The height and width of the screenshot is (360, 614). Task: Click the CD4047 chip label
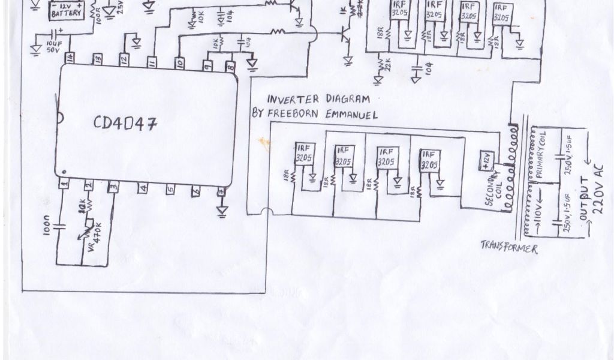coord(125,124)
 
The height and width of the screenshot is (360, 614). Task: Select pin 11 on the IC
coord(152,62)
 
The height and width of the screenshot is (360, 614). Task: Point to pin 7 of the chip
coord(222,191)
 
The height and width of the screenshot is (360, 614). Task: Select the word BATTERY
coord(67,13)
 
